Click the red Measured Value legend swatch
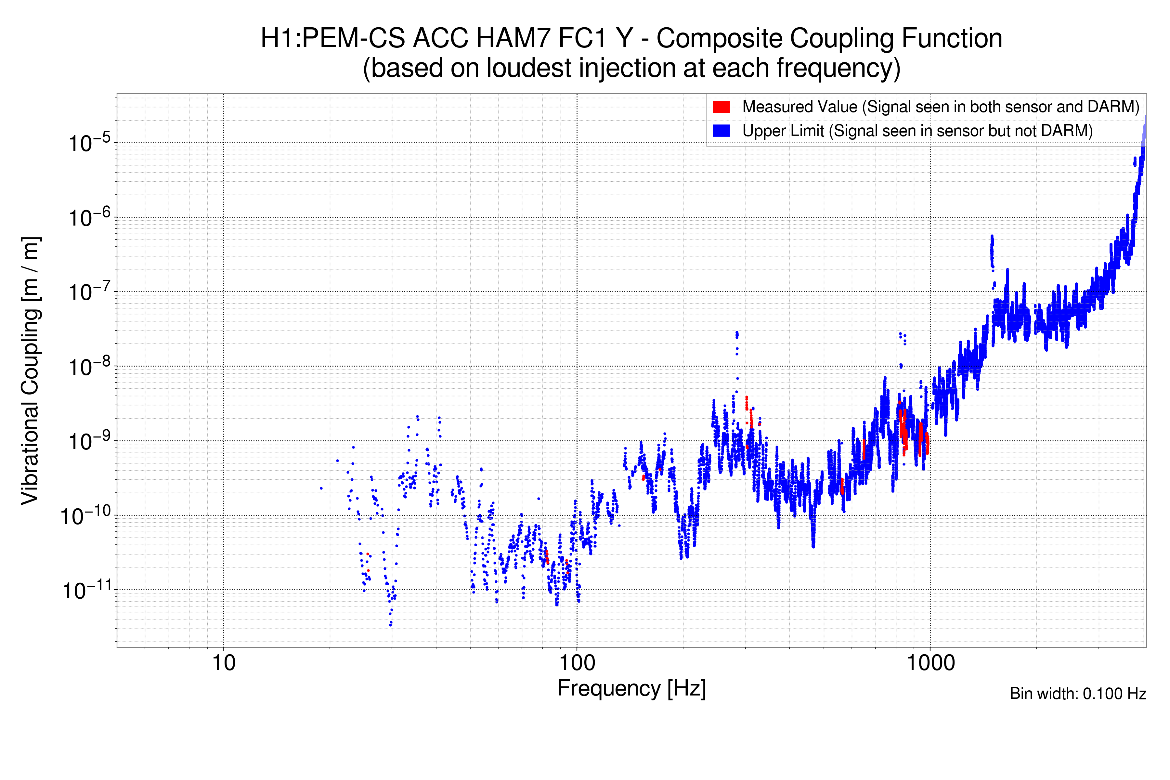coord(721,107)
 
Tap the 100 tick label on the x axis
coord(577,663)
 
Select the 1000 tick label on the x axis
coord(930,663)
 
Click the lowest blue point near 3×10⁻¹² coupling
coord(391,624)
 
